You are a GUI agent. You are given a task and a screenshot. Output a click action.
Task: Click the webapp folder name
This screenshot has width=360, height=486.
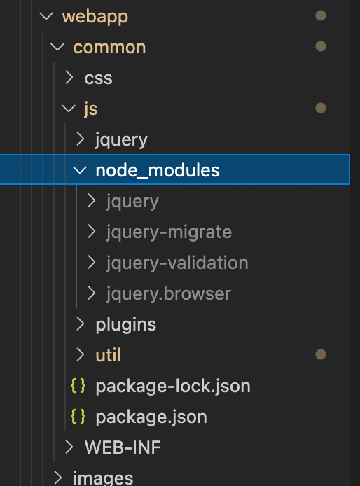(x=95, y=17)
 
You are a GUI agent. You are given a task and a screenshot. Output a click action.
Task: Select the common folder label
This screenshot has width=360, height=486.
(x=109, y=48)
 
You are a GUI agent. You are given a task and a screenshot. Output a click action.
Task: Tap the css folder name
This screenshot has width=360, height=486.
(x=98, y=78)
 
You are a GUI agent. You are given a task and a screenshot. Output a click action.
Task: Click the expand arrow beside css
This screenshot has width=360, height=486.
(x=69, y=78)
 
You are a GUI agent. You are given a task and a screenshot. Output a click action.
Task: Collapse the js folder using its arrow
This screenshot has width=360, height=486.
(x=69, y=109)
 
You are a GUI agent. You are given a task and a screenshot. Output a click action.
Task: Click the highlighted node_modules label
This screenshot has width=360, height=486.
(x=158, y=170)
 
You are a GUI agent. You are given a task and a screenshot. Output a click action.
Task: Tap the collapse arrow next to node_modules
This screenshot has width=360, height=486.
(x=80, y=170)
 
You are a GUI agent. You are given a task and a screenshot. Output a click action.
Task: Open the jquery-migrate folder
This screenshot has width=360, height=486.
(x=169, y=232)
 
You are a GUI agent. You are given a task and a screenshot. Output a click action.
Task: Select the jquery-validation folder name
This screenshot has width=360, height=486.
(x=177, y=263)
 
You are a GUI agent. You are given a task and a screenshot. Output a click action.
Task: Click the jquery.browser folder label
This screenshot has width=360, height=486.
(x=169, y=294)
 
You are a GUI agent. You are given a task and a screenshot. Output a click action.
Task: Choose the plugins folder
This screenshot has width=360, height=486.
(x=126, y=325)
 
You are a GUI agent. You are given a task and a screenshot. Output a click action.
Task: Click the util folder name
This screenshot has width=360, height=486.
(x=108, y=355)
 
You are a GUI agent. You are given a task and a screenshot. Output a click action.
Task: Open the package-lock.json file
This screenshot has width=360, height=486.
(x=173, y=387)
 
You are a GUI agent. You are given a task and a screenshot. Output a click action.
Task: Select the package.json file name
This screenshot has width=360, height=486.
(x=151, y=417)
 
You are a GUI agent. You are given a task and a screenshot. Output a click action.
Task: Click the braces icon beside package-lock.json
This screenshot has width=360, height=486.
(x=78, y=386)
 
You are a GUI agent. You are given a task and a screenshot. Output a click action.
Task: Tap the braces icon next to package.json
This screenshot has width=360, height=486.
(x=78, y=417)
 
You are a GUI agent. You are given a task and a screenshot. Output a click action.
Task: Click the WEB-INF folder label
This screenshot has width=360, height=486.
(x=123, y=447)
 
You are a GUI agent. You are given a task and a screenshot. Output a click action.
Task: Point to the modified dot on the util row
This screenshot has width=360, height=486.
(x=321, y=354)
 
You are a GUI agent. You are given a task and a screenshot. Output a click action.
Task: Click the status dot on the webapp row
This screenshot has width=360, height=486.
(x=321, y=15)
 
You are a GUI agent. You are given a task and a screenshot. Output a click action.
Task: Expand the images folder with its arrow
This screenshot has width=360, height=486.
(x=58, y=478)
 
